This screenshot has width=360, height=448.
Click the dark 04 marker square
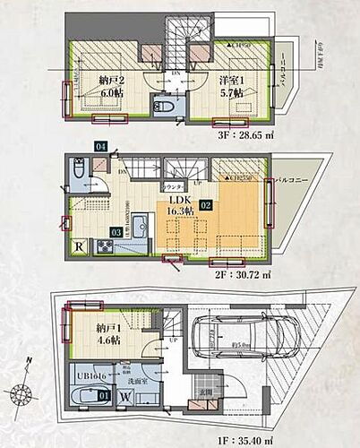tap(76, 145)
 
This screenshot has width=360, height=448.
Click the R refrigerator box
tap(79, 246)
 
